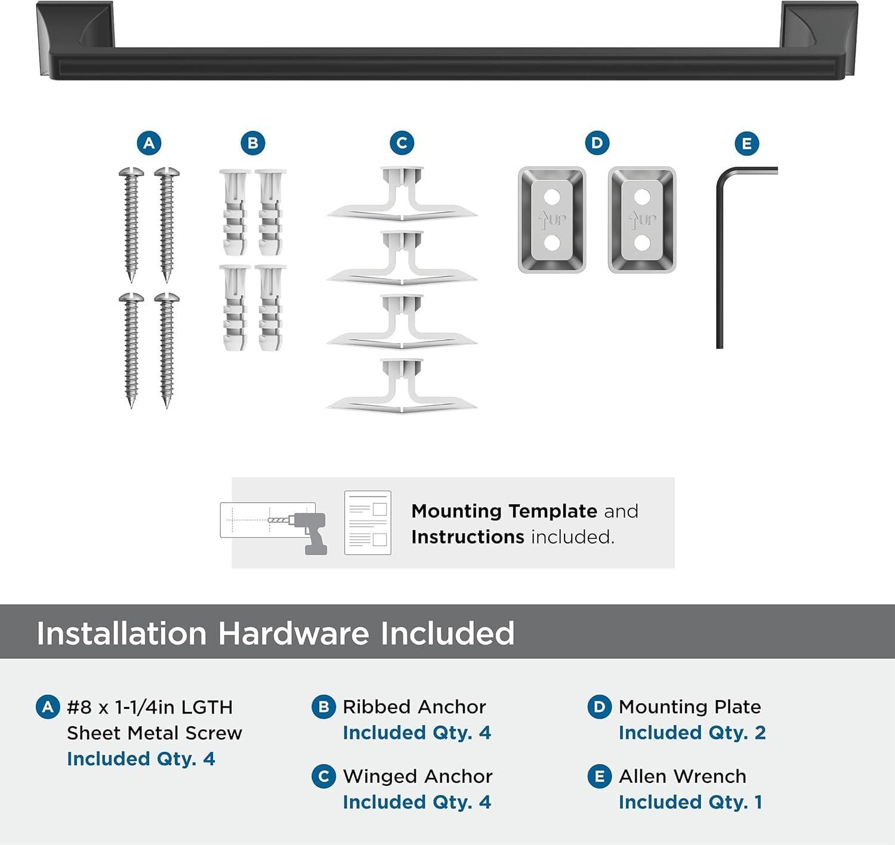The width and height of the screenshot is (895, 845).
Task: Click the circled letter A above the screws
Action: (x=149, y=143)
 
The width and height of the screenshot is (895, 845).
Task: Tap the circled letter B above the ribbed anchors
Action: (x=252, y=143)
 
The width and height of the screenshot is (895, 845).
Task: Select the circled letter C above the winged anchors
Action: (x=402, y=143)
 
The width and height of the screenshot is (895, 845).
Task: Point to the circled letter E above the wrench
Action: (x=746, y=144)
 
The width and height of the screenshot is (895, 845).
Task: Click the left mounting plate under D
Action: (x=552, y=220)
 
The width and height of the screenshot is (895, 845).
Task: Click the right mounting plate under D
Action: (x=642, y=220)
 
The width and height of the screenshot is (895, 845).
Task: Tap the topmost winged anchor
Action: (x=402, y=195)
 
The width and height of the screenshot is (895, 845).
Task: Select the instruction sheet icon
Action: (x=368, y=523)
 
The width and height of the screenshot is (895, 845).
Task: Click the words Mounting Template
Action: (x=504, y=511)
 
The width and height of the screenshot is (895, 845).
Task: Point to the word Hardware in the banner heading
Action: (x=294, y=633)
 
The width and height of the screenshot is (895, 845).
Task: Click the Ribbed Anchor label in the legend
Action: (x=414, y=707)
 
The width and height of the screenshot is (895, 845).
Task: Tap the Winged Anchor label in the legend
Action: (x=418, y=776)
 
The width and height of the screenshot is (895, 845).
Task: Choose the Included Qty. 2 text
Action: (x=692, y=733)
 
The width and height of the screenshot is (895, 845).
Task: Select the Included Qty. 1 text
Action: (x=690, y=803)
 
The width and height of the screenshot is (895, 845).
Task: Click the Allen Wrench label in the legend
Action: (x=683, y=776)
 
